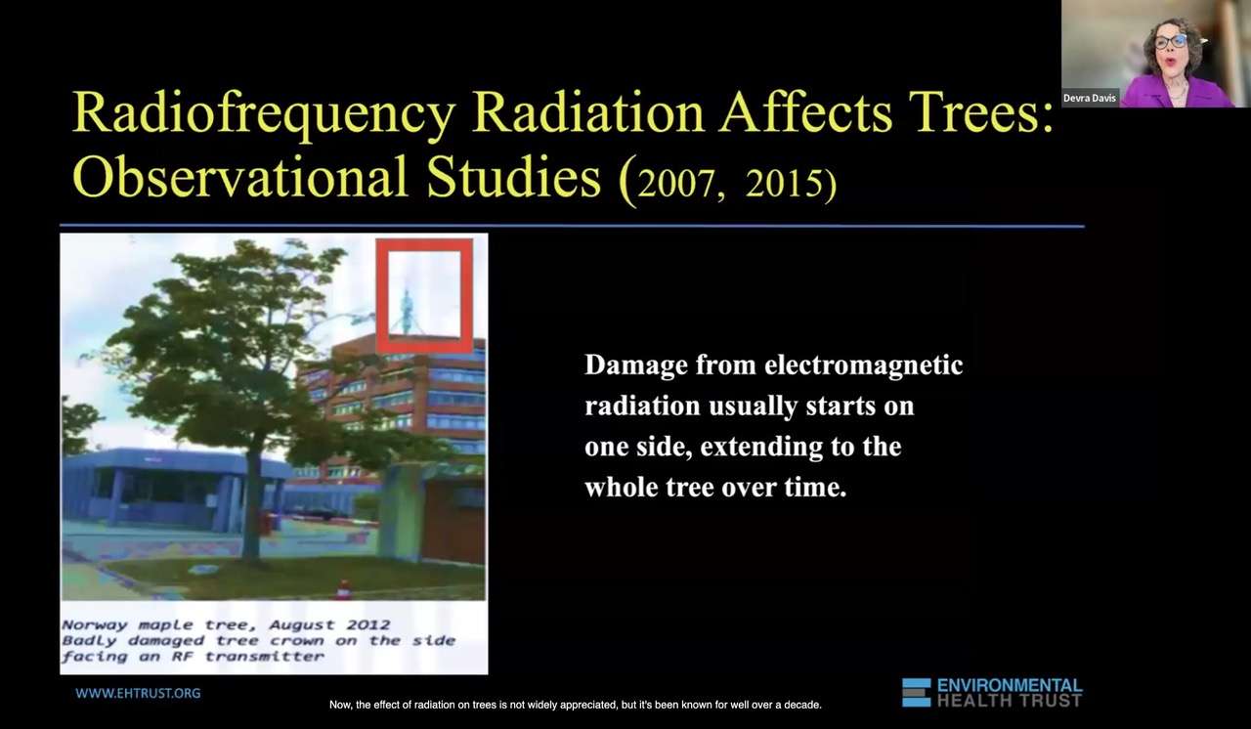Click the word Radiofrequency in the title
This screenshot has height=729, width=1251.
pos(264,112)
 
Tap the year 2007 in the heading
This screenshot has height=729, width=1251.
pos(675,183)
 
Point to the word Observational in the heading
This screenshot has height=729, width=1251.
pos(240,177)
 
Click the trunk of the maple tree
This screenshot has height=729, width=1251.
pos(252,508)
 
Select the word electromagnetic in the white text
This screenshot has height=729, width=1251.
pos(863,366)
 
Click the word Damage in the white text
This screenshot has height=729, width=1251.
pos(636,366)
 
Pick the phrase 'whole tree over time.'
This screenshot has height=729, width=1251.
pos(715,488)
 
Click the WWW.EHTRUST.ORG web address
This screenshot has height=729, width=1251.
pos(138,693)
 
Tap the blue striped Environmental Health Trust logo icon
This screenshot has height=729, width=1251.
pos(916,692)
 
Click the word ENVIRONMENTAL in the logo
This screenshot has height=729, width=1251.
pos(1010,685)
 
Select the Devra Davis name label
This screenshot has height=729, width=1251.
pos(1090,98)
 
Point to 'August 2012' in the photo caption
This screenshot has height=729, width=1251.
pos(329,624)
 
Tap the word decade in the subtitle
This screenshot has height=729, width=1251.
pos(802,705)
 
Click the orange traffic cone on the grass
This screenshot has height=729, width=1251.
pos(343,589)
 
